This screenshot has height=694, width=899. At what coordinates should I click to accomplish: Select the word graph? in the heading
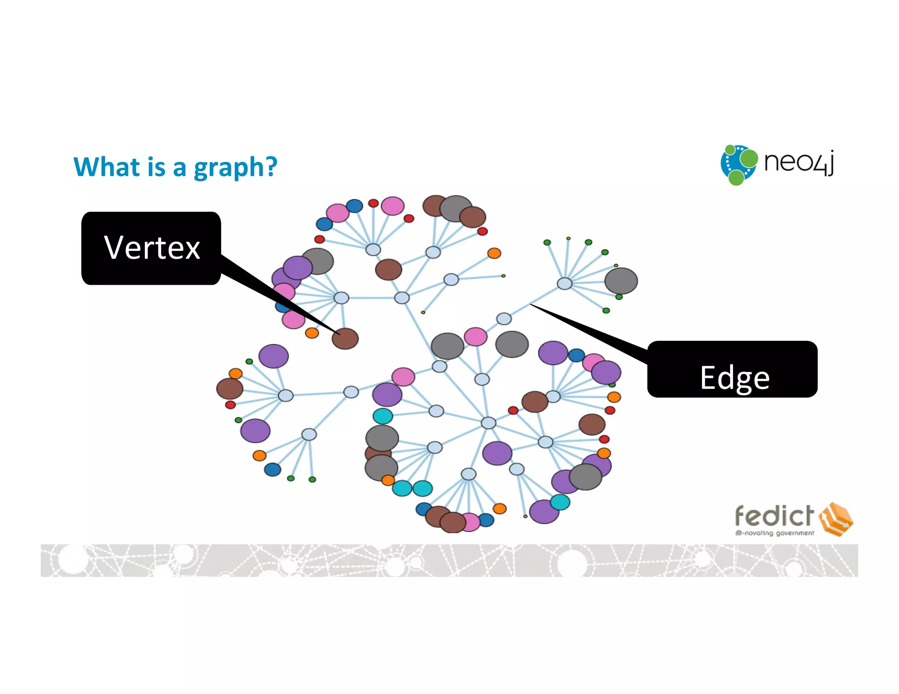(236, 168)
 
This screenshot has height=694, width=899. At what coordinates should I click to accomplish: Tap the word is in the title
(156, 167)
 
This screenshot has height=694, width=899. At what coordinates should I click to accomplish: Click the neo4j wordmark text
(798, 162)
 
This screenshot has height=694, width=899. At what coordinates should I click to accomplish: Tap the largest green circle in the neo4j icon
(748, 159)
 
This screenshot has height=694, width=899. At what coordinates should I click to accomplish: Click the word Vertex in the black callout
(152, 248)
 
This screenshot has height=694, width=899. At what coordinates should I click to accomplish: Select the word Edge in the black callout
(734, 378)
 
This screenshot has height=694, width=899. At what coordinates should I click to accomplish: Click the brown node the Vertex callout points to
(345, 339)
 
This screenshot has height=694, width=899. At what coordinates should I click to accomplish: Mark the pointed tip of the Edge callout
(532, 304)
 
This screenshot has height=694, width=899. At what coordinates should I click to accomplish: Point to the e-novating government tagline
(775, 533)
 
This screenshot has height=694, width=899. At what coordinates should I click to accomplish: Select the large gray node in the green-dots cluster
(621, 281)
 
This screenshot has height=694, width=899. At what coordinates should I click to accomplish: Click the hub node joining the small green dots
(565, 283)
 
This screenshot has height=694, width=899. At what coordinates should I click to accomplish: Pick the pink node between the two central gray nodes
(475, 337)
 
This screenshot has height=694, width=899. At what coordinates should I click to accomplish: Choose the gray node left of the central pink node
(447, 346)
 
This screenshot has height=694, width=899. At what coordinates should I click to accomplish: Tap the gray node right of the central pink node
(512, 344)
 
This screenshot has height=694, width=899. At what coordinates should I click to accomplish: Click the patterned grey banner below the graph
(449, 560)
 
